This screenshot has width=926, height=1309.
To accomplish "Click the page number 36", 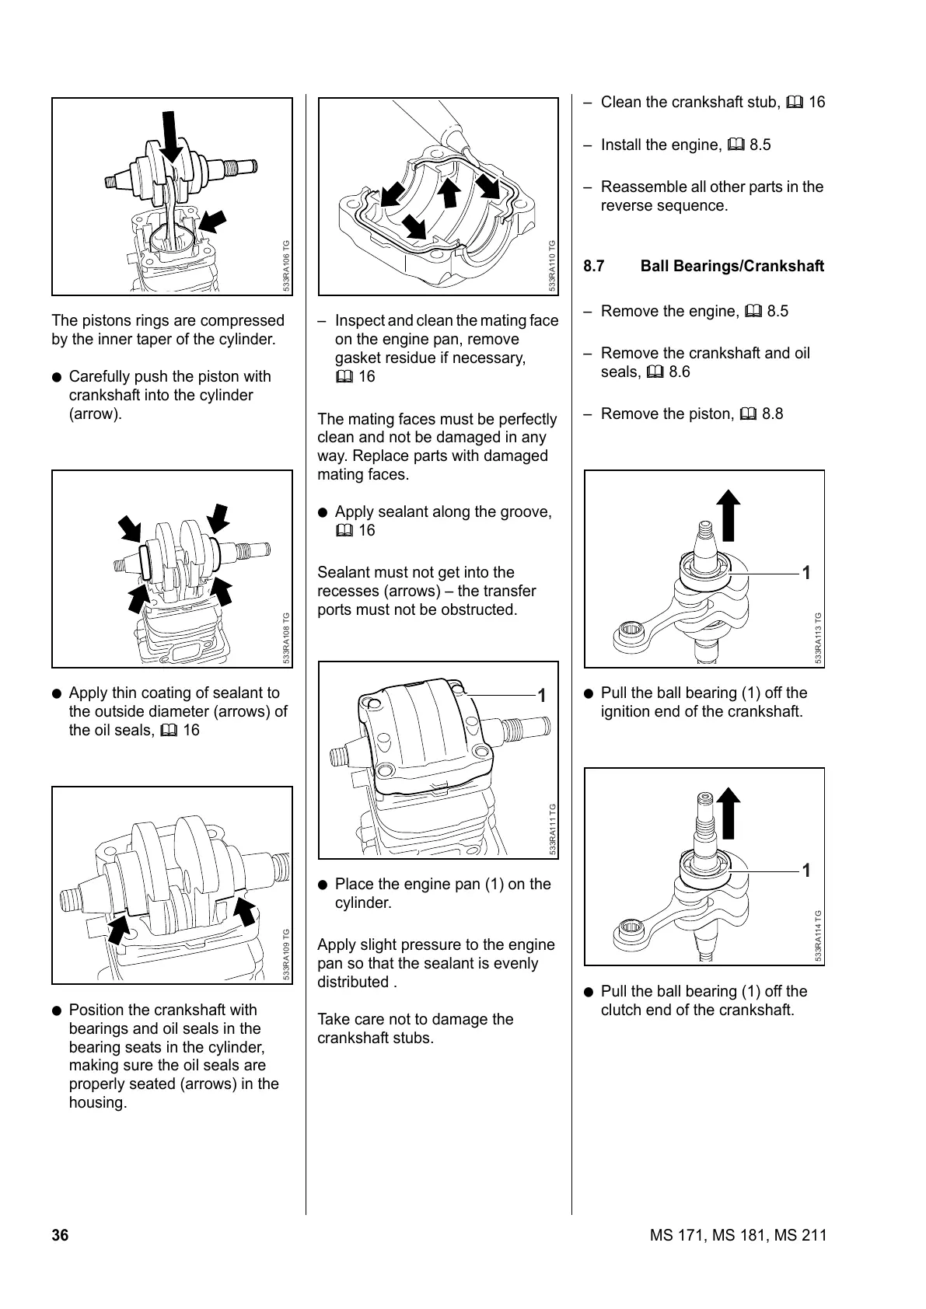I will pos(60,1235).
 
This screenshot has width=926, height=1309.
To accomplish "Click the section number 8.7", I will pos(594,266).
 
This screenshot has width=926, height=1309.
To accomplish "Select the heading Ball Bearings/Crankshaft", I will pos(732,266).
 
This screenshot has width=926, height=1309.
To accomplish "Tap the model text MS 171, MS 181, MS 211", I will pos(738,1235).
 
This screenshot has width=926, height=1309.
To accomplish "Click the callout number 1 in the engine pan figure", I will pos(542,696).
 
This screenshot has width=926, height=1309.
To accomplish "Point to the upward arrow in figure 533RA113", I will pos(728,515).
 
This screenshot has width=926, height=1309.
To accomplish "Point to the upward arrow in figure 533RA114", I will pos(728,812).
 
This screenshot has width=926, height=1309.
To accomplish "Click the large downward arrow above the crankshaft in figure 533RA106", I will pos(170,136).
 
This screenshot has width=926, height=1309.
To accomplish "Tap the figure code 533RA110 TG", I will pos(552,266).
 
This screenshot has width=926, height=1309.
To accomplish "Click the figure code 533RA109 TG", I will pos(286,955).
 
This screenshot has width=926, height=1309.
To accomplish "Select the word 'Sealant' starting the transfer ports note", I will pos(343,573).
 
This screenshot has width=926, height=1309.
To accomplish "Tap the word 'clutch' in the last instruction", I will pos(623,1010).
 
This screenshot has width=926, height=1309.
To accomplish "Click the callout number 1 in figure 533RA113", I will pos(806,573).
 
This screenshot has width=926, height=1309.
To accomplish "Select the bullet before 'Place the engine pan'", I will pos(323,885).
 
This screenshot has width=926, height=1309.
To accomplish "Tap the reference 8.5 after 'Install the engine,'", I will pos(760,145).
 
